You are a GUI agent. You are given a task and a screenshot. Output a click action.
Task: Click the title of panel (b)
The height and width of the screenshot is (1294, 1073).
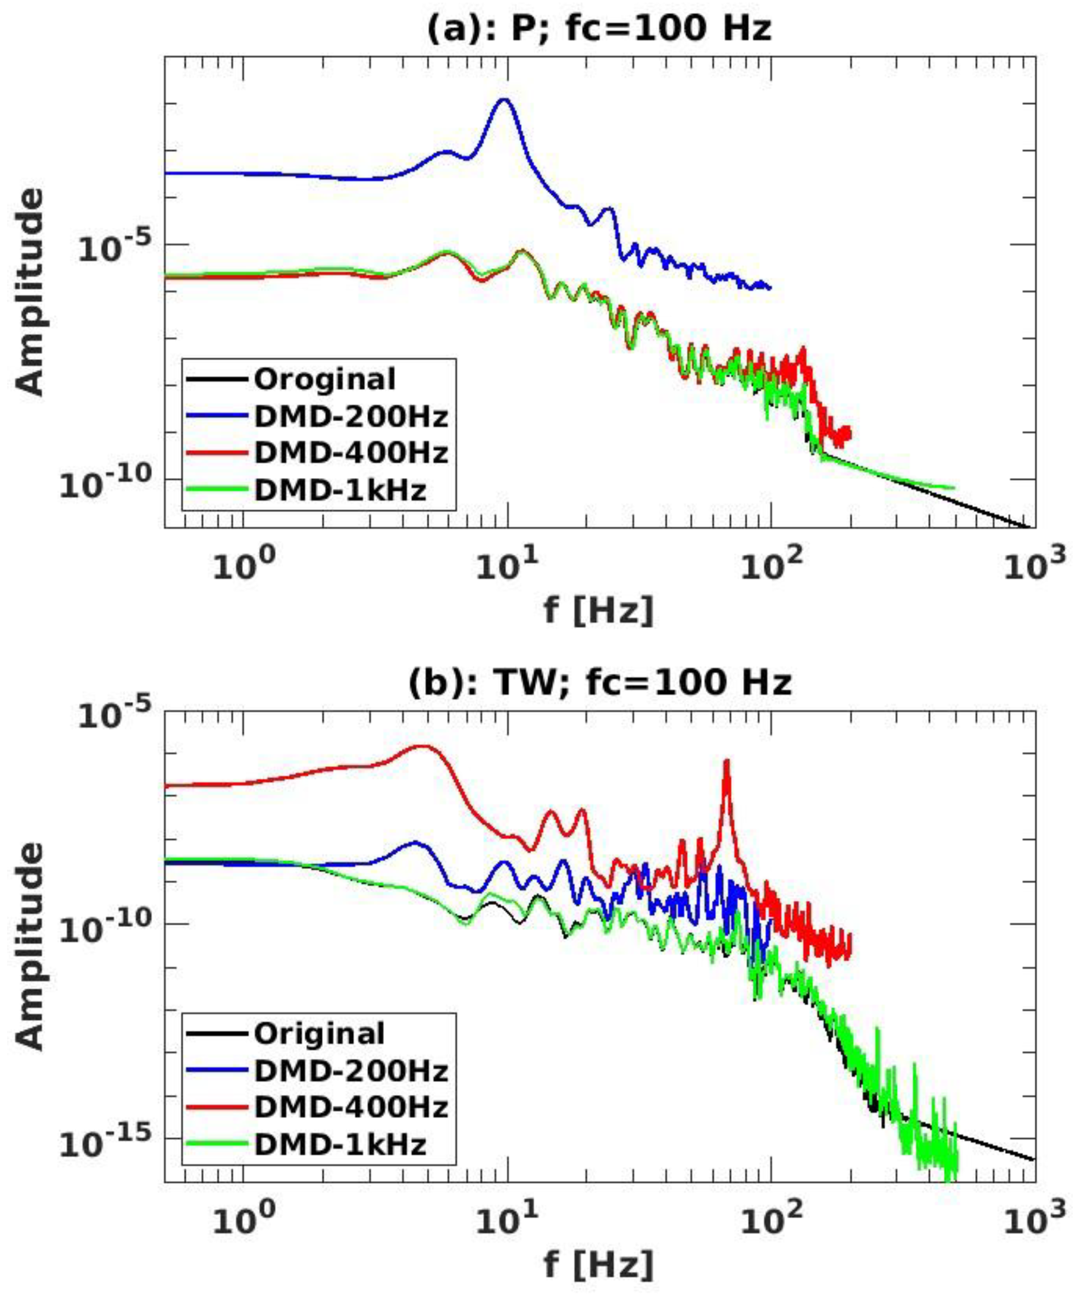599,683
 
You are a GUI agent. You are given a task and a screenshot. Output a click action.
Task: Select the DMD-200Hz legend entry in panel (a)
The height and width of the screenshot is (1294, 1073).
350,417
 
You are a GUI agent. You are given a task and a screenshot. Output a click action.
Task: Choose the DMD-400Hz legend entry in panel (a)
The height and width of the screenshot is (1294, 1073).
350,454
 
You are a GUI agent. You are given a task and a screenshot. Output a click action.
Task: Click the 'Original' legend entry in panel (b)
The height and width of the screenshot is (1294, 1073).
319,1033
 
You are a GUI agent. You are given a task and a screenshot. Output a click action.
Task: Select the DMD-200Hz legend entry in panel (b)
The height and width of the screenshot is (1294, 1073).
350,1071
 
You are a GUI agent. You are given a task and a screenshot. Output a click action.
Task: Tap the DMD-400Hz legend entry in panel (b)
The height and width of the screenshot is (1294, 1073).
350,1107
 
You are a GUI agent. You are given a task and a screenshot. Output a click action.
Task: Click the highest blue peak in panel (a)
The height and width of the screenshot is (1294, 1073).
504,100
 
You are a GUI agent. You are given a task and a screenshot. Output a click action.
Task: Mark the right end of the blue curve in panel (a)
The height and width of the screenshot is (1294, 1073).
769,287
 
